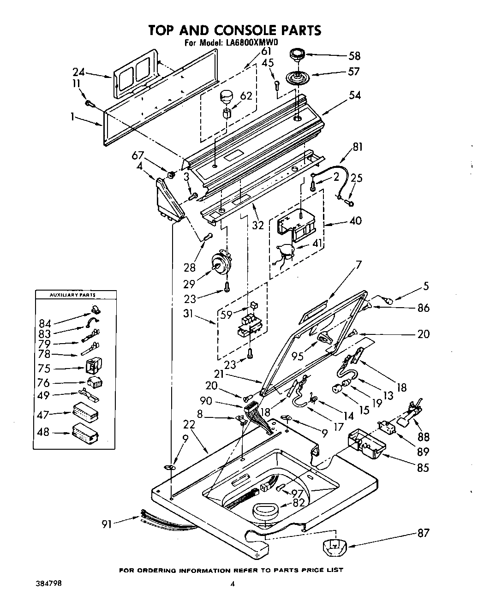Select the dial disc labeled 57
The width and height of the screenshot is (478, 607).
(298, 77)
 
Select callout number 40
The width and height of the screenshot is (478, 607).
(355, 220)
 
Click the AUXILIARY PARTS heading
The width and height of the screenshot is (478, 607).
(75, 295)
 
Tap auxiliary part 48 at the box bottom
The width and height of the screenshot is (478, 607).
(85, 434)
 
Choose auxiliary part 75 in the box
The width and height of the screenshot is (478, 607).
(94, 367)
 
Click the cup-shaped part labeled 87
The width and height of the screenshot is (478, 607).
(336, 547)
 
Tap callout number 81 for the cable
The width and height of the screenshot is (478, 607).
(358, 148)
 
